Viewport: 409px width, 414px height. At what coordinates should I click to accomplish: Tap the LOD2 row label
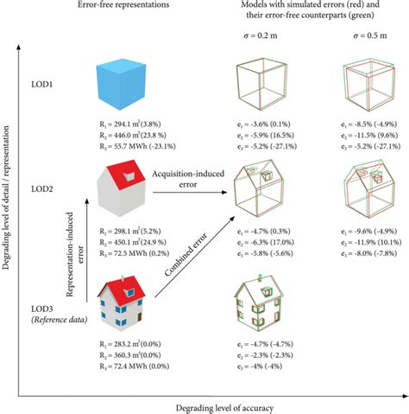[47, 188]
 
